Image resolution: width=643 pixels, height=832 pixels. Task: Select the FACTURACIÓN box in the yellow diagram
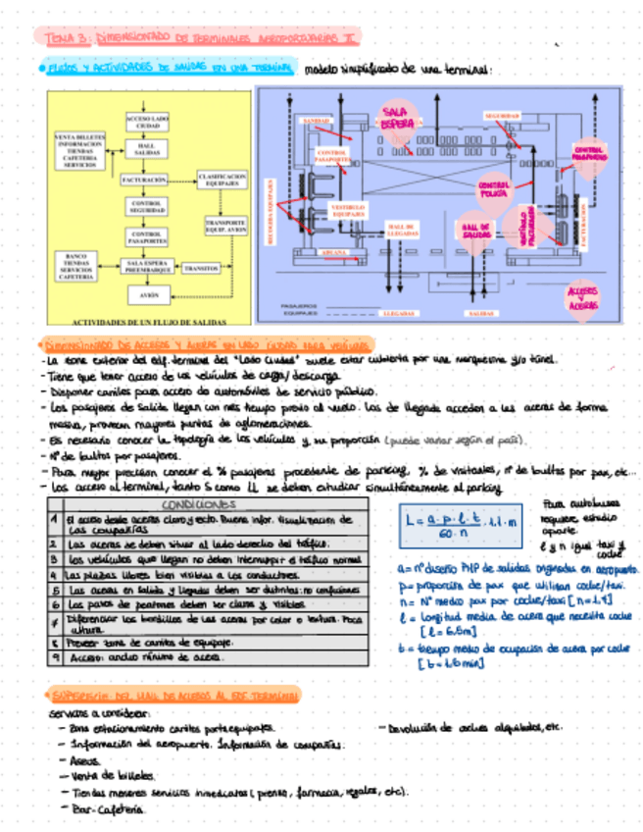pyautogui.click(x=146, y=181)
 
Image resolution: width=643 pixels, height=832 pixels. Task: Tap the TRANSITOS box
pyautogui.click(x=201, y=267)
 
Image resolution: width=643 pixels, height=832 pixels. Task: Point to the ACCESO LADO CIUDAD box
pyautogui.click(x=146, y=123)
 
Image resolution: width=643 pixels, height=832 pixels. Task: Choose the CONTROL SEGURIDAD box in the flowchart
pyautogui.click(x=146, y=207)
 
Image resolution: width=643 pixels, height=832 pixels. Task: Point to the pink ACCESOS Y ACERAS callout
pyautogui.click(x=585, y=298)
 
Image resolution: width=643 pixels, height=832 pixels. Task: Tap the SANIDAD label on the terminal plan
pyautogui.click(x=316, y=121)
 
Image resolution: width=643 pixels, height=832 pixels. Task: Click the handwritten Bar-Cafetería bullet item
pyautogui.click(x=108, y=810)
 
